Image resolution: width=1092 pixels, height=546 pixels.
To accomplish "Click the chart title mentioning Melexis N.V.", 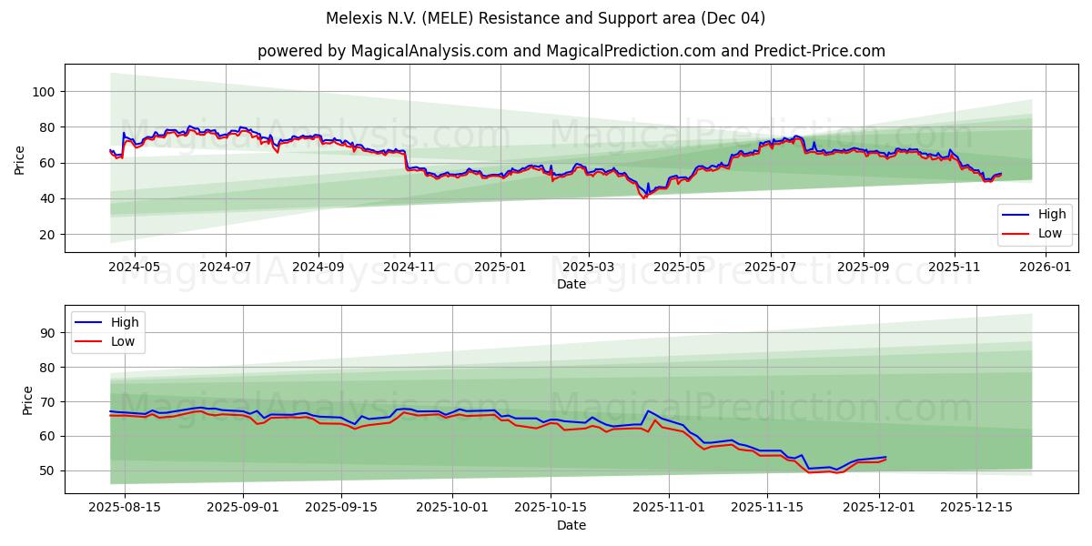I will pos(545,18).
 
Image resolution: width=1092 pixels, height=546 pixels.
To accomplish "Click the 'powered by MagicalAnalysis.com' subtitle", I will pos(571,51).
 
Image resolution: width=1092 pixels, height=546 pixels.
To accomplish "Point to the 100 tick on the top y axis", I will pos(44,92).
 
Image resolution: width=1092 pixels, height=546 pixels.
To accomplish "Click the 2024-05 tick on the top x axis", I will pos(134,268).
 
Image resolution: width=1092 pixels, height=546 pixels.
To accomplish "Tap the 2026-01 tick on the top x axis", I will pos(1045,268).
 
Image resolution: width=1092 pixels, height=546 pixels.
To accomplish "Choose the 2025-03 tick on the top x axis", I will pos(588,268).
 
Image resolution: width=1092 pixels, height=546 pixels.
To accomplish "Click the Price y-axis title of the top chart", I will pos(20,158).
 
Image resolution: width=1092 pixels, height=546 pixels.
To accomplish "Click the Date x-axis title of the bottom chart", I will pos(571,525).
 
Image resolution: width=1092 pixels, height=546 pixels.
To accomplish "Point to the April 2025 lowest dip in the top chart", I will pos(644,197).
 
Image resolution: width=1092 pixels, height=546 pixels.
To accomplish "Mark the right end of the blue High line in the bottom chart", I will pos(885,457).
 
